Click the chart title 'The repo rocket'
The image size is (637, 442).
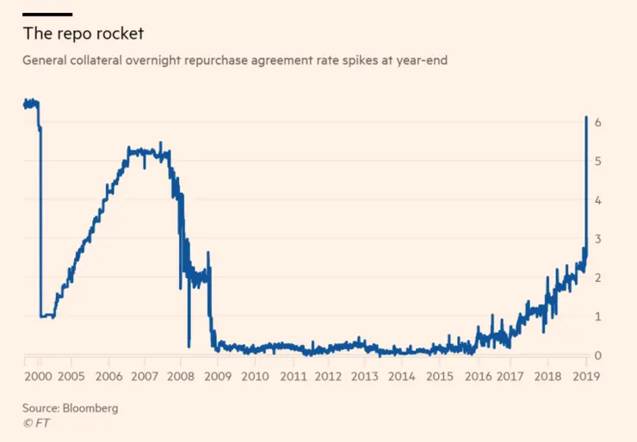(x=83, y=35)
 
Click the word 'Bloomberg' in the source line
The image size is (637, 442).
(x=90, y=408)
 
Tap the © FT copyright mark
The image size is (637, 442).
(x=36, y=423)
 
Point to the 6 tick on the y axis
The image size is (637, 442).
(x=597, y=123)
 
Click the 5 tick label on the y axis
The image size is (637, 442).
(x=597, y=162)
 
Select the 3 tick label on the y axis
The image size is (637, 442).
(x=597, y=239)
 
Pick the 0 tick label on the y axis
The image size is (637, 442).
(x=597, y=355)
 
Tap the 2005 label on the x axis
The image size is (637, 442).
(x=71, y=376)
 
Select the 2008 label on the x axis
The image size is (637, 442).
(x=181, y=376)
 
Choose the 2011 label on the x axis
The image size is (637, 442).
(x=292, y=376)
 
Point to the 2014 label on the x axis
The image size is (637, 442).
(x=402, y=376)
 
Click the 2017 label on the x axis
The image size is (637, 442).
(x=512, y=376)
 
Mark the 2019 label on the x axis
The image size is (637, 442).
(x=585, y=376)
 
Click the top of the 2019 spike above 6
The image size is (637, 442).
(x=586, y=117)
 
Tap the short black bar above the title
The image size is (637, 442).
(x=47, y=14)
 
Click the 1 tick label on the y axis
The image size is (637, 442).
(x=597, y=316)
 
